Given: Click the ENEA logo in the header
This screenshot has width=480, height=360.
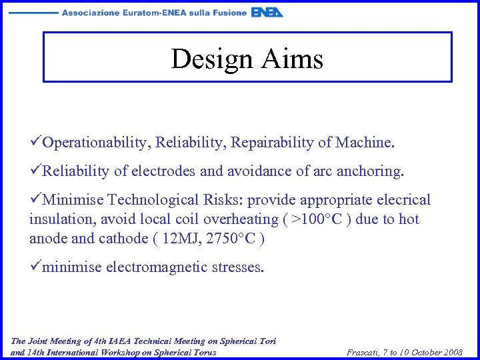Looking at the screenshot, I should tap(267, 13).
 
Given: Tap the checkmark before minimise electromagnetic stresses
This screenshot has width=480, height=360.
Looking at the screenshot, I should tap(35, 267).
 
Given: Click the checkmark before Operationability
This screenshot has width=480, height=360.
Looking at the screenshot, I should tap(35, 143).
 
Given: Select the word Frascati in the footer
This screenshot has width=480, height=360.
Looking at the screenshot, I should tap(365, 352).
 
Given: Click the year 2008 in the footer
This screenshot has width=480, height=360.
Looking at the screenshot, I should tap(451, 352).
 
